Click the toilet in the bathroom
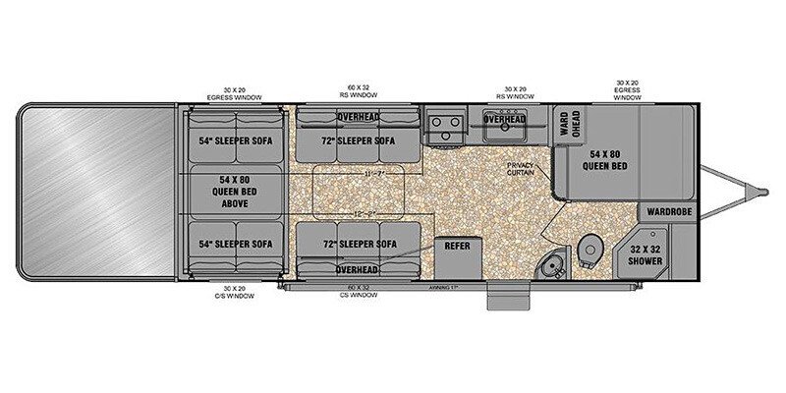(589, 248)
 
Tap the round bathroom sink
(551, 266)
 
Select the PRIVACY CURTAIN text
(521, 168)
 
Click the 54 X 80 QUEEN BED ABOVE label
(234, 191)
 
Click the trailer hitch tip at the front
(761, 189)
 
